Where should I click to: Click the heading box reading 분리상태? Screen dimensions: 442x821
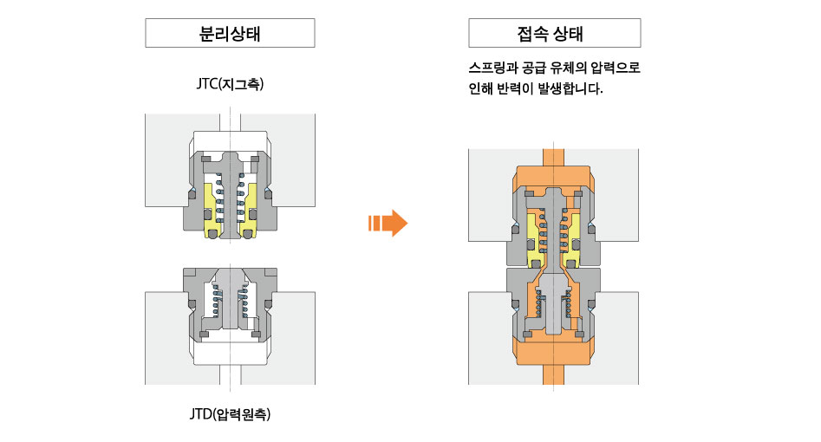(x=230, y=35)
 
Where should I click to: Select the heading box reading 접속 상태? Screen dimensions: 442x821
(x=554, y=35)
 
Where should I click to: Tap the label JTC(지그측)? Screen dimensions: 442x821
(x=230, y=85)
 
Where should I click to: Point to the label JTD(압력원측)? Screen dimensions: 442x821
(x=230, y=413)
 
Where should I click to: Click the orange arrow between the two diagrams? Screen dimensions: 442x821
(x=388, y=223)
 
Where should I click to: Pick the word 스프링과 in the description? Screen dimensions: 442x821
(x=492, y=68)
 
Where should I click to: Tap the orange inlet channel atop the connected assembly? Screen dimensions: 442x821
(x=554, y=157)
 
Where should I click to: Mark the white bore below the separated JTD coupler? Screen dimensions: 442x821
(x=230, y=373)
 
